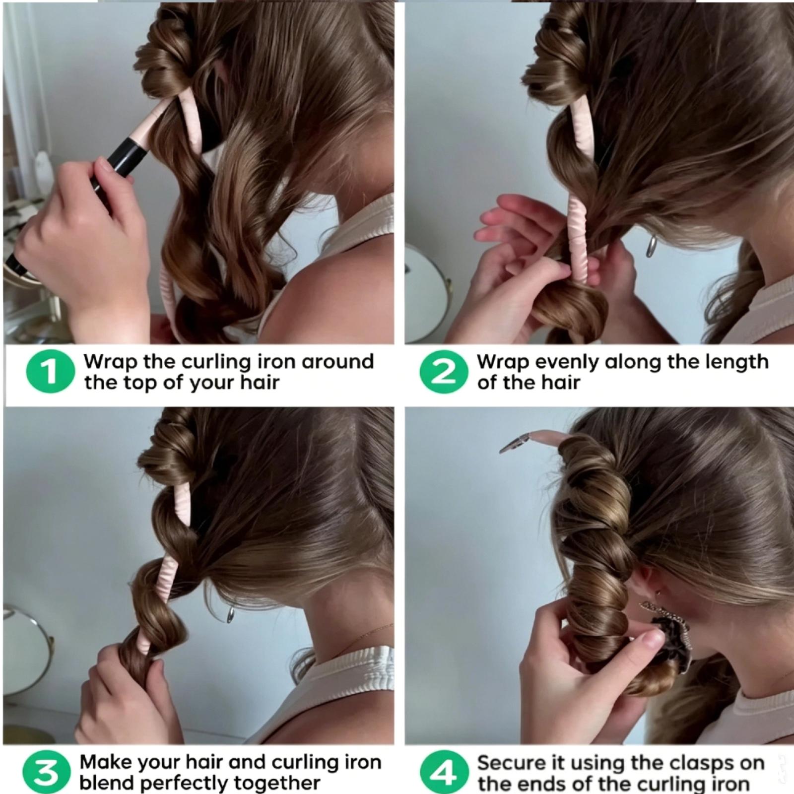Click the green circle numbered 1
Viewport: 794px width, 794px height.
tap(50, 372)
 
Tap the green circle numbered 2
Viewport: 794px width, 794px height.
tap(443, 372)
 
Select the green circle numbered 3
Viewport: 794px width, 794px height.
tap(46, 772)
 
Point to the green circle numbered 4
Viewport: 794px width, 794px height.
tap(444, 772)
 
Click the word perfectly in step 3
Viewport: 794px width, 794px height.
tap(184, 784)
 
